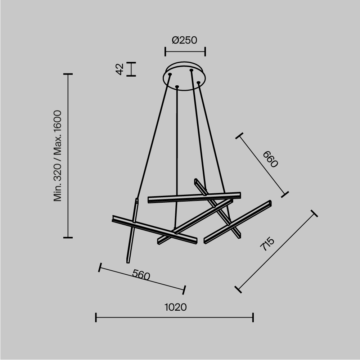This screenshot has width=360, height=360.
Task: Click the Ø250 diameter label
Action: [x=185, y=40]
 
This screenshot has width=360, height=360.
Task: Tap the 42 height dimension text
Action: [x=120, y=69]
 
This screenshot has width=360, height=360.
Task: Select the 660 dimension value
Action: [x=270, y=159]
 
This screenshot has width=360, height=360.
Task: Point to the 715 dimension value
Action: [x=267, y=244]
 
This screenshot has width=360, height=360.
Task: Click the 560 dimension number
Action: [x=140, y=275]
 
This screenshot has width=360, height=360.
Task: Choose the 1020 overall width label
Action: [x=176, y=307]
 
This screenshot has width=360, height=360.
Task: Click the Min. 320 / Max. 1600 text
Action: [x=58, y=156]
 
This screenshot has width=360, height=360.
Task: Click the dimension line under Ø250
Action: [x=185, y=51]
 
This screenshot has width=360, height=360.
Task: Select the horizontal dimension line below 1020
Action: [x=175, y=318]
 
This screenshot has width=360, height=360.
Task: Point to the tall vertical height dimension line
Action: [x=68, y=156]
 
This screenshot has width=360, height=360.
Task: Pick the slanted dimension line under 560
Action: [x=142, y=278]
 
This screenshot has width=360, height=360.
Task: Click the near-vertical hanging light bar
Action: [x=132, y=230]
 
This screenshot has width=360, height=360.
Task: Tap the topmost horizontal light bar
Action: [x=194, y=197]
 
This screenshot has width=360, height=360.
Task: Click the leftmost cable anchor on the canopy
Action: [x=170, y=75]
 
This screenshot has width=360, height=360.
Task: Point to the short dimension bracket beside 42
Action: [x=132, y=69]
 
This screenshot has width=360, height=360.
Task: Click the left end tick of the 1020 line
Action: [x=96, y=318]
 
